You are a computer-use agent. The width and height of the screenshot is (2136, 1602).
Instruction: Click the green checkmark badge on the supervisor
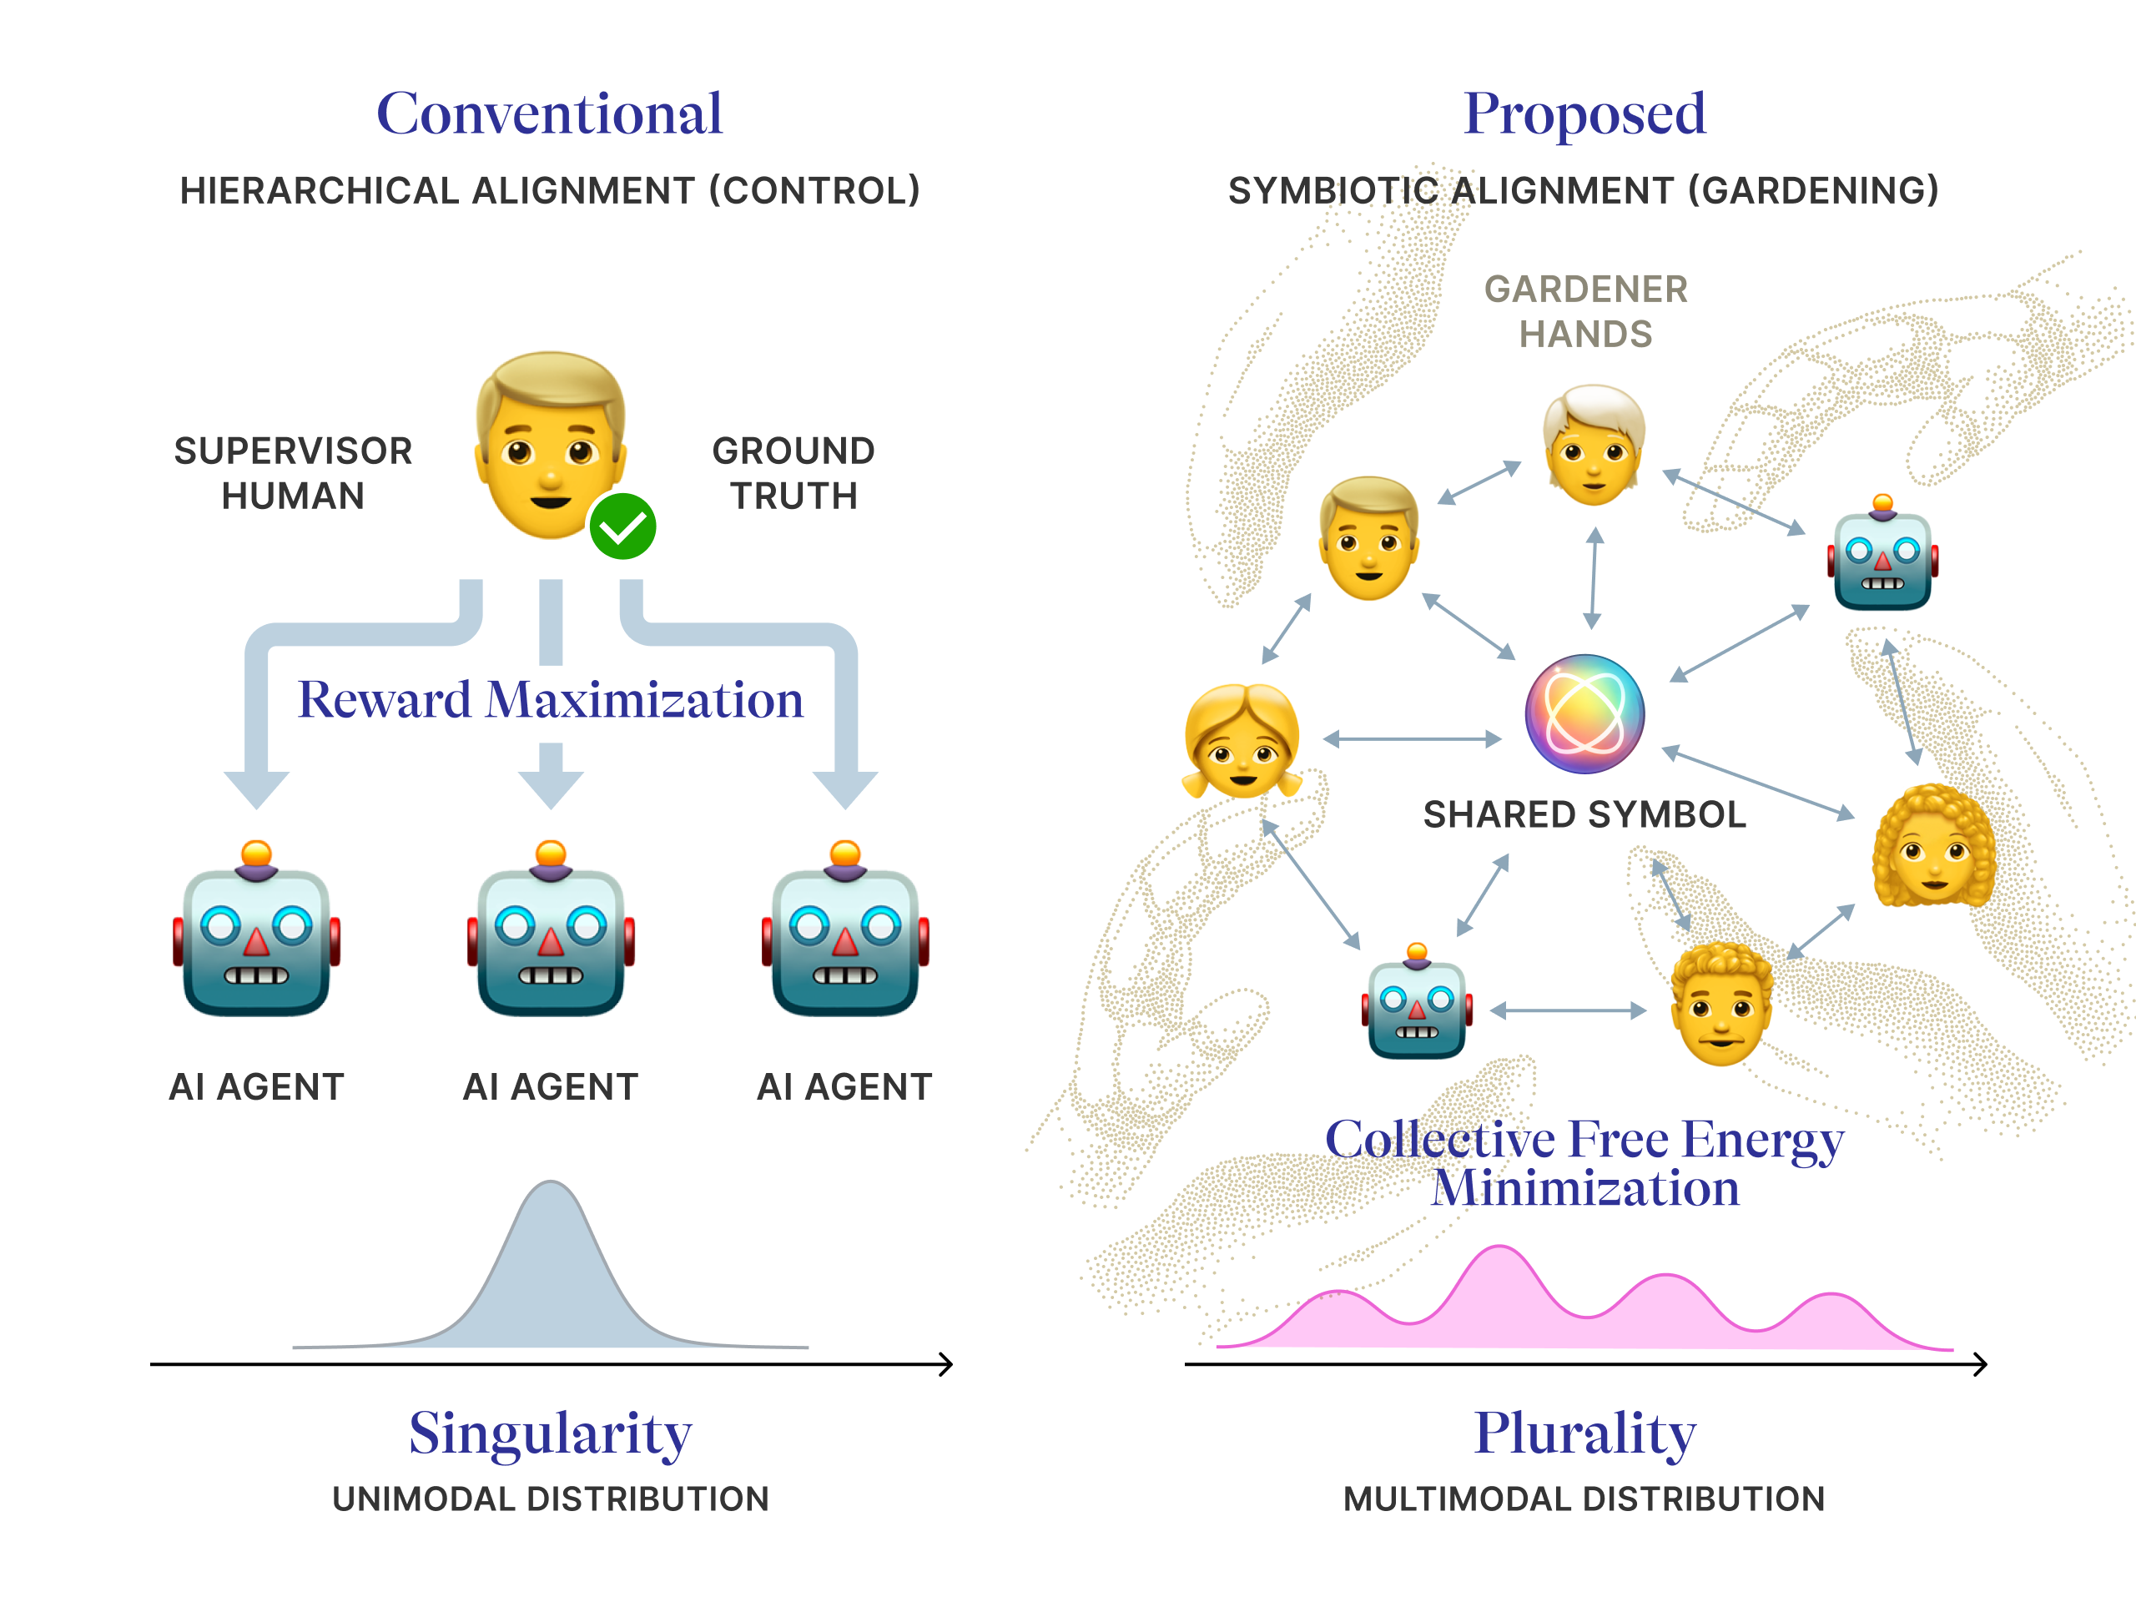point(622,526)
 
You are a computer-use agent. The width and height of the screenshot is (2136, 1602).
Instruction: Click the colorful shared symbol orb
point(1584,713)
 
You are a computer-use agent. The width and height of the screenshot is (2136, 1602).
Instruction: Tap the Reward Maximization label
point(551,699)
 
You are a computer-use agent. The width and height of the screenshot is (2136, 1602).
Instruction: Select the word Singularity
point(551,1435)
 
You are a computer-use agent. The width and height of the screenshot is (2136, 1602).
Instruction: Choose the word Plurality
point(1584,1435)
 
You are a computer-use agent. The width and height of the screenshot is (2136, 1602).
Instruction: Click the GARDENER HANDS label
point(1585,311)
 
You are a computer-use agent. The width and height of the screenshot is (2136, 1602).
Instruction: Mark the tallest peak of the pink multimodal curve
point(1499,1247)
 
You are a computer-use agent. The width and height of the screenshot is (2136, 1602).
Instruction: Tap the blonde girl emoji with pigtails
point(1242,741)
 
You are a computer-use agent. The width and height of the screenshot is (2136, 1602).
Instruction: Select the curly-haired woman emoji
point(1934,846)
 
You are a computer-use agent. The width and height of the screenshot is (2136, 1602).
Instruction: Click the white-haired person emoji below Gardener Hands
point(1594,444)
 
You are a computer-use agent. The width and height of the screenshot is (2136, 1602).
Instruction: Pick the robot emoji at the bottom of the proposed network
point(1417,1001)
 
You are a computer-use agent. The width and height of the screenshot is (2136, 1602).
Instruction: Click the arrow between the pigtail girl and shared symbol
point(1412,740)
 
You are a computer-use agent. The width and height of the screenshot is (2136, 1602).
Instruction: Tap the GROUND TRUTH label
point(793,473)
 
